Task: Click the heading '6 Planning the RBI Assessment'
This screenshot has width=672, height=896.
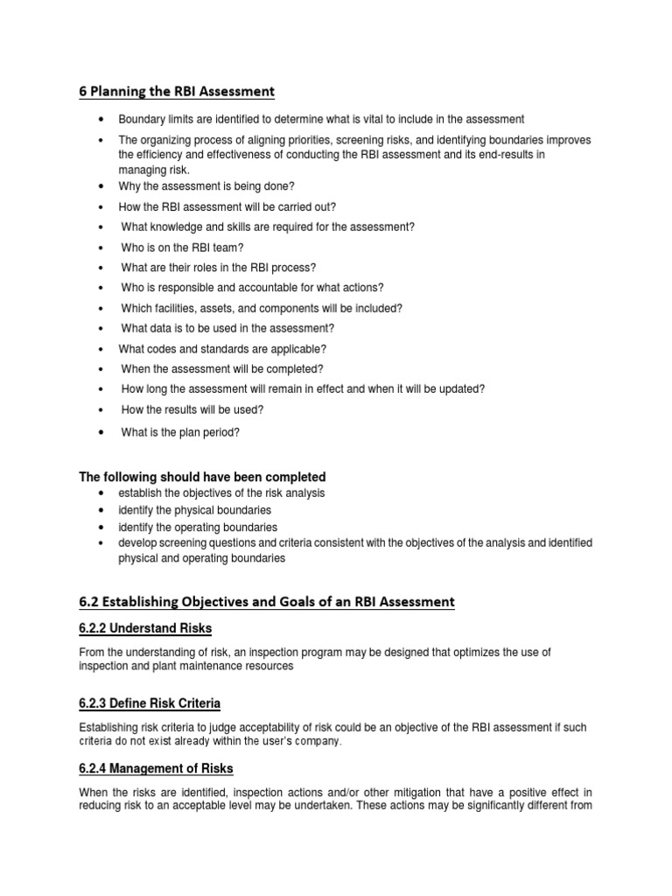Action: click(177, 91)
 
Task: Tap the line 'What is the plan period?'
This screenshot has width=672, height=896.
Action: click(180, 431)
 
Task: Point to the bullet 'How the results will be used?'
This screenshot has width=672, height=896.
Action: click(192, 409)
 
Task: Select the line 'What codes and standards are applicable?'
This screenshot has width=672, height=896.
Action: click(222, 348)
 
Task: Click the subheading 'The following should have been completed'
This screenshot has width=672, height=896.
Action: click(202, 477)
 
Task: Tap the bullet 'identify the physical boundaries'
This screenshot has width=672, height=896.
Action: click(195, 510)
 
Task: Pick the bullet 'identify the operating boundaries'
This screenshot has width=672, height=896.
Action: click(198, 528)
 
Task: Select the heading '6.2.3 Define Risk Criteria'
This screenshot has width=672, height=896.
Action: click(150, 703)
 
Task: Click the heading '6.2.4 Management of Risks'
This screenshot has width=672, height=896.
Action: click(156, 768)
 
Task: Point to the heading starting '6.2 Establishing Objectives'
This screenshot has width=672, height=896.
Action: click(267, 601)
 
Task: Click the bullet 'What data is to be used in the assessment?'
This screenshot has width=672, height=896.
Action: click(227, 328)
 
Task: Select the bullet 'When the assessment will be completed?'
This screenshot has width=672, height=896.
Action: click(222, 369)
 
